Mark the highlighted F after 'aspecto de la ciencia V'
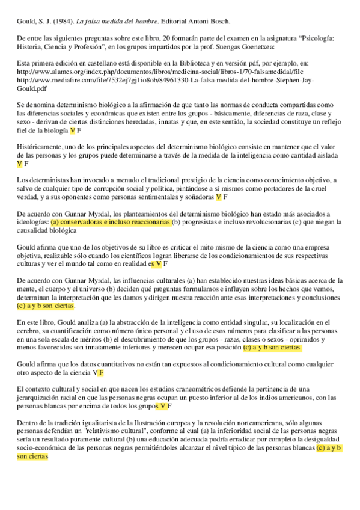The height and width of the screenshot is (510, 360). coord(102,373)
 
